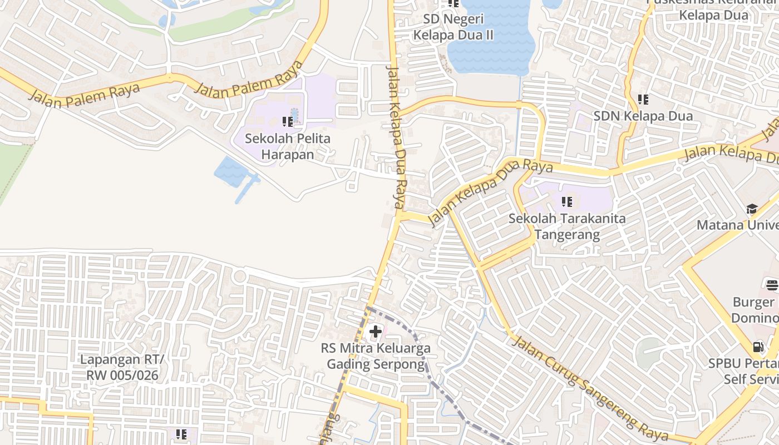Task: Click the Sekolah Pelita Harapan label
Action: [288, 146]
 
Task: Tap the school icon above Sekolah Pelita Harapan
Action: [288, 121]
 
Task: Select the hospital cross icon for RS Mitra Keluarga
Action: [376, 332]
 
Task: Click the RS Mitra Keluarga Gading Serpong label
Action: [376, 356]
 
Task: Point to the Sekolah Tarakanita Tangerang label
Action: [567, 226]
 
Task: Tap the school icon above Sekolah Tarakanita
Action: [567, 202]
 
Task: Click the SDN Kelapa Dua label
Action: [643, 116]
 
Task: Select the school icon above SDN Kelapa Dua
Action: [643, 100]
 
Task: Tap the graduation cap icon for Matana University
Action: [752, 209]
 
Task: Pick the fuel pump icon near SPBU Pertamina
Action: [758, 347]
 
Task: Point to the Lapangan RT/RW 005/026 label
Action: [122, 367]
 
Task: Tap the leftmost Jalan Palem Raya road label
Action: [84, 95]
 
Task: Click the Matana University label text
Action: [737, 225]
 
